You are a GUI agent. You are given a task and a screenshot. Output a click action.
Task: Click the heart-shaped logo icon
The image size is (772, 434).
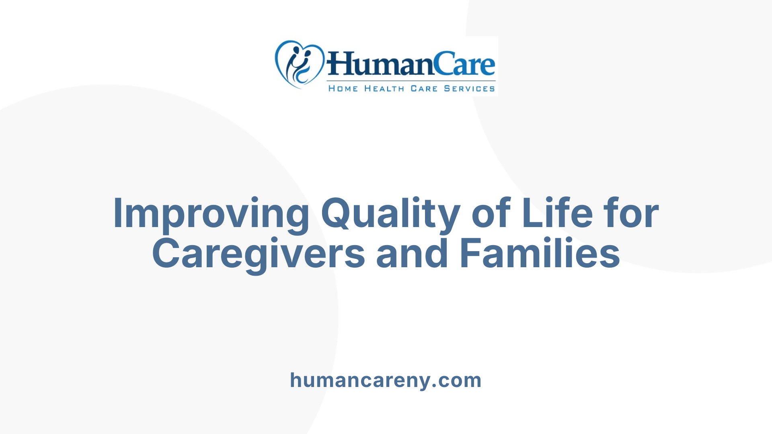(299, 64)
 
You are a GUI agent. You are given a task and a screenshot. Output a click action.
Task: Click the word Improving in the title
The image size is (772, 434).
(211, 213)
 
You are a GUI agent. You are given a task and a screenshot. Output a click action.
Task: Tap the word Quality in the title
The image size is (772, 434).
(390, 213)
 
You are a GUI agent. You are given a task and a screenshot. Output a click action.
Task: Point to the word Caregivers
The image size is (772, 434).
(259, 254)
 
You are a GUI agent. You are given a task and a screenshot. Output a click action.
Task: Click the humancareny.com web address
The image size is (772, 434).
(386, 380)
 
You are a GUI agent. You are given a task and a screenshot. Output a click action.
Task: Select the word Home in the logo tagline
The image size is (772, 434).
(343, 88)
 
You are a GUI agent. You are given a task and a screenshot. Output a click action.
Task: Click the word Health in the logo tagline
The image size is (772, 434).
(384, 88)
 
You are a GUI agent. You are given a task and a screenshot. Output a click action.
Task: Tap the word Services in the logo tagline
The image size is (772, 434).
(469, 88)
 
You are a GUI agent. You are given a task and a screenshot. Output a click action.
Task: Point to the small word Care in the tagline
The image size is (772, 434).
(424, 88)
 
